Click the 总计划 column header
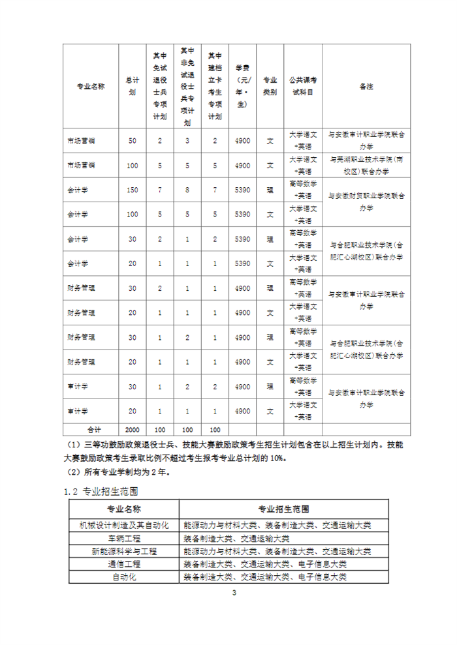click(x=133, y=85)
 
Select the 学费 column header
click(x=243, y=85)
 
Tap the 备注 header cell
click(x=366, y=85)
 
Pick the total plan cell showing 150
click(x=133, y=190)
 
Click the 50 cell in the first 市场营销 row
click(x=133, y=141)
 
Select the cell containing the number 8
click(x=187, y=190)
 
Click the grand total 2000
click(x=133, y=429)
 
